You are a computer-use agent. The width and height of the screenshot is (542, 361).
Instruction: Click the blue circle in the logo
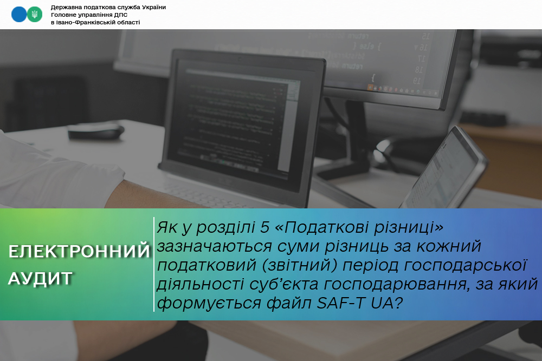[19, 15]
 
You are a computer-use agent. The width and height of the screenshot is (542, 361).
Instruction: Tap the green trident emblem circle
[35, 15]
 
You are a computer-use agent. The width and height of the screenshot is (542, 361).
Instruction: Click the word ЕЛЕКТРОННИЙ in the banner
[79, 252]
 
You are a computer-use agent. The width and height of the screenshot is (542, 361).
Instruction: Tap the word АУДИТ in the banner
[40, 279]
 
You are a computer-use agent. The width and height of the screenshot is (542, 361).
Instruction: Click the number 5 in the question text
[265, 227]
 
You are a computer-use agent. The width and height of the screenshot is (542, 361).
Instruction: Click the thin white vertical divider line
[153, 264]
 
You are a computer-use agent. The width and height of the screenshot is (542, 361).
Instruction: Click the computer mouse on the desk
[96, 131]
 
